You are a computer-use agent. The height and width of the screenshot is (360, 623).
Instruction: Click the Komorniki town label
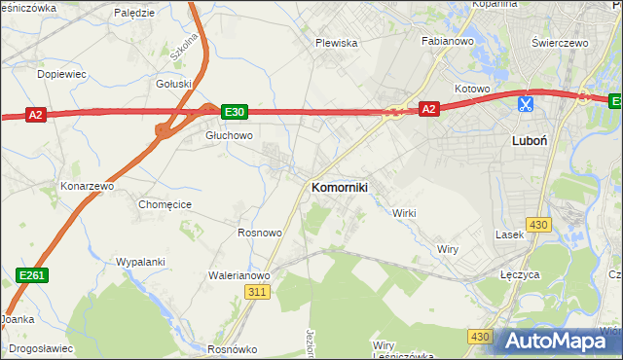tap(339, 186)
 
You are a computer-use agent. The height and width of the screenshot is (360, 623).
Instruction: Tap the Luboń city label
tap(529, 140)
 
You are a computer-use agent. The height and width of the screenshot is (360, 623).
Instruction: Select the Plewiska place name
tap(337, 43)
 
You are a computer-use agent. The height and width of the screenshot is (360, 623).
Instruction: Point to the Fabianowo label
tap(446, 42)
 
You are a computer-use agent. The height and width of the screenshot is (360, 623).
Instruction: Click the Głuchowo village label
tap(229, 135)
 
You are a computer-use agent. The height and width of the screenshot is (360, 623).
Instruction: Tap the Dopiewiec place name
tap(61, 74)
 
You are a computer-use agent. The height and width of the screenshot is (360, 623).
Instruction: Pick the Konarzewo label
tap(88, 185)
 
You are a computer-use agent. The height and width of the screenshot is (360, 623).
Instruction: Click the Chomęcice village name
tap(165, 204)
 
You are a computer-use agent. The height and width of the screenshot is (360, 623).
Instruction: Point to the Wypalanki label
tap(140, 262)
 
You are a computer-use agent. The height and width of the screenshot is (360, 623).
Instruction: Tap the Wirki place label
tap(404, 212)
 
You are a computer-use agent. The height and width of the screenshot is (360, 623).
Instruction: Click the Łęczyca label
tap(520, 275)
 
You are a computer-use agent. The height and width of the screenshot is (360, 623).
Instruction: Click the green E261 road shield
tap(33, 277)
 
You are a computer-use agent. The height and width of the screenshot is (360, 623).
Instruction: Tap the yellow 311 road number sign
tap(257, 292)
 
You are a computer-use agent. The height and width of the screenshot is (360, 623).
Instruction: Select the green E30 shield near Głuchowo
tap(234, 112)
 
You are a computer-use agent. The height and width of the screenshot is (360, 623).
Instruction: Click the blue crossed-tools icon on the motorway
tap(525, 102)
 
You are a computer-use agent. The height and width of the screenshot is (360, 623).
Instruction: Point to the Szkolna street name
tap(183, 46)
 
